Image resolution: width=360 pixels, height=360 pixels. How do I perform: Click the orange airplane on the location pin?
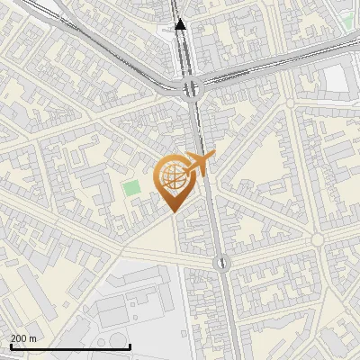[199, 164]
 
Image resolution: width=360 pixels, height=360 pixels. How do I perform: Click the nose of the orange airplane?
[213, 157]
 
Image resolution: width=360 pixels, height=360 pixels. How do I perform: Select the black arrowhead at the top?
[180, 25]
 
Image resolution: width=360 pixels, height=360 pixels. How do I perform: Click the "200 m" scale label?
[24, 338]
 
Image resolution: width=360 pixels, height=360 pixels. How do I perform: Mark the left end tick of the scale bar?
[10, 346]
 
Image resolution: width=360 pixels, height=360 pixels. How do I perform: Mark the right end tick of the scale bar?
[130, 346]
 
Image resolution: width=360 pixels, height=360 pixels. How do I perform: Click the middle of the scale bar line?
[70, 347]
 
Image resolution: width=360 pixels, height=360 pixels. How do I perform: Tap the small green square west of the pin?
[132, 189]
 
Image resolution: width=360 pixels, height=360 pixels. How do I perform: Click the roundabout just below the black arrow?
[191, 87]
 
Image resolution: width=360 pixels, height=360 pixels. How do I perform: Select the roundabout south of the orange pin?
[221, 263]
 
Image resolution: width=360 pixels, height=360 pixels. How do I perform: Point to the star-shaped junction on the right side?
[317, 239]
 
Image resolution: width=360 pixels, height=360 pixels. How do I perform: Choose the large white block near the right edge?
[335, 79]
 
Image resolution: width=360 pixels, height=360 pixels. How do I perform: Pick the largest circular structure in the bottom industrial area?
[118, 339]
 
